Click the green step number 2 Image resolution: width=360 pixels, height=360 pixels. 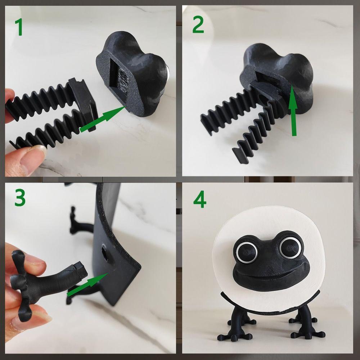(x=198, y=26)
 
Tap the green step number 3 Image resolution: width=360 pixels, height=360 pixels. (x=20, y=198)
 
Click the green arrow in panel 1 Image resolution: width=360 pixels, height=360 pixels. (x=103, y=118)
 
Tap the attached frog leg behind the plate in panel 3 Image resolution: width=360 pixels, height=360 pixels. (x=77, y=221)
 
